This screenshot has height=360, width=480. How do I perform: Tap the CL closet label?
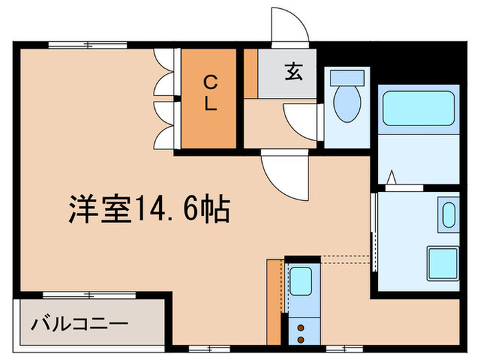pos(210,95)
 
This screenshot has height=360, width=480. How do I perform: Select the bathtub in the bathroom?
pos(418,109)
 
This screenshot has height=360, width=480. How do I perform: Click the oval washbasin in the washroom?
pos(449,215)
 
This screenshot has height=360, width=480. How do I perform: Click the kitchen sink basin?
pos(300,281)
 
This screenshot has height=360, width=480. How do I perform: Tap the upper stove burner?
pos(300,328)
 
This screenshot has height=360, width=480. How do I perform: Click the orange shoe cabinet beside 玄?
pos(252,73)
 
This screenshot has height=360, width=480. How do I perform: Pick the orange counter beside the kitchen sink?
pos(275,302)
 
